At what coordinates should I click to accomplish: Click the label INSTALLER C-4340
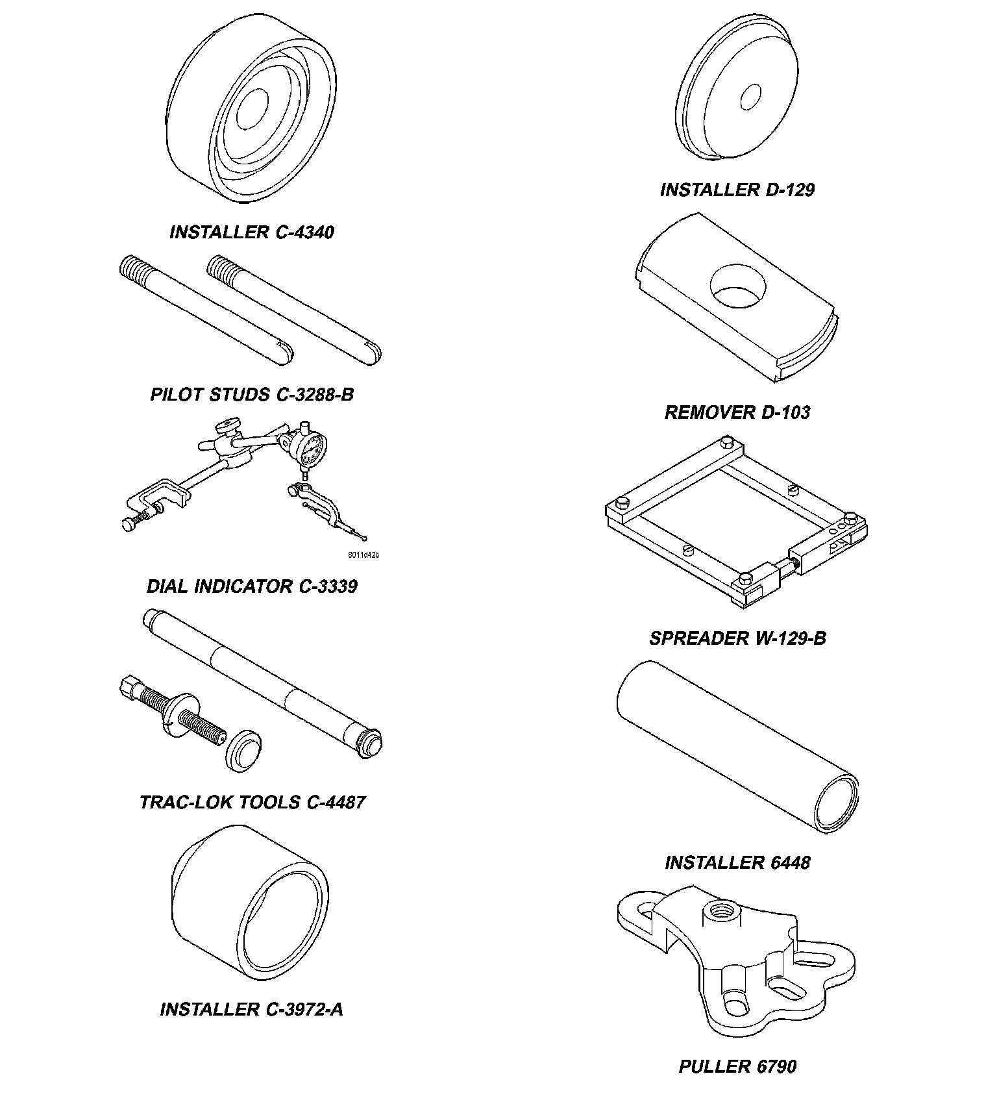click(251, 232)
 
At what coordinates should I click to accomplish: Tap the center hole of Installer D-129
click(750, 97)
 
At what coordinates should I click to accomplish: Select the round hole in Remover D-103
click(739, 285)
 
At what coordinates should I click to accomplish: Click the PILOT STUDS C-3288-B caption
click(252, 394)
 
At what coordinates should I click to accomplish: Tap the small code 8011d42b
click(363, 555)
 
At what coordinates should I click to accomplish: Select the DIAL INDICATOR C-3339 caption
click(252, 586)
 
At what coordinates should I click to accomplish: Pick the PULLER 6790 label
click(737, 1066)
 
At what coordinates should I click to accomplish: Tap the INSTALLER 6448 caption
click(737, 862)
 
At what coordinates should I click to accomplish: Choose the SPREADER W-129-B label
click(738, 638)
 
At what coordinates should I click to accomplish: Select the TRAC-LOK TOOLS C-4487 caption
click(252, 802)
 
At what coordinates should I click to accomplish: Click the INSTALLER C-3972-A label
click(251, 1009)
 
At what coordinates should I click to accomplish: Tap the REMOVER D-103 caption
click(737, 412)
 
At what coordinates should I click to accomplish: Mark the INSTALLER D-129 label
click(737, 190)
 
